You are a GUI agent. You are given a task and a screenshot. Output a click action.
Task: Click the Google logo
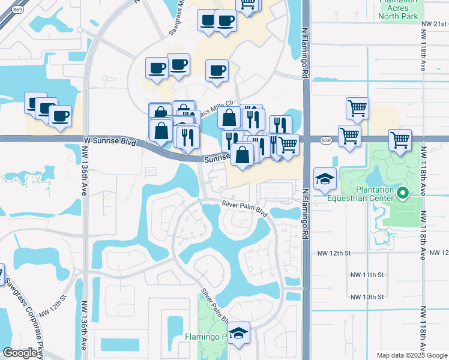pyautogui.click(x=21, y=353)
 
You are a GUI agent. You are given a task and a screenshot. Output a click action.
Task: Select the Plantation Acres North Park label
pyautogui.click(x=397, y=9)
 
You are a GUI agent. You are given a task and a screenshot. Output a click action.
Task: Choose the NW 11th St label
pyautogui.click(x=367, y=275)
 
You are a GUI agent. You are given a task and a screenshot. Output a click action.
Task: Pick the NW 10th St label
pyautogui.click(x=367, y=297)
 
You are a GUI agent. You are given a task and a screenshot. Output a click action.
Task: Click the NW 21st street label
pyautogui.click(x=435, y=23)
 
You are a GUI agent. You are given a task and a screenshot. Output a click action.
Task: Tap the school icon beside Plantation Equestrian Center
pyautogui.click(x=325, y=178)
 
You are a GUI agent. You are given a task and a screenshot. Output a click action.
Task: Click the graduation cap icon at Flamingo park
pyautogui.click(x=239, y=334)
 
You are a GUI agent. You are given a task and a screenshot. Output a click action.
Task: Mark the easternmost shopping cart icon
pyautogui.click(x=400, y=141)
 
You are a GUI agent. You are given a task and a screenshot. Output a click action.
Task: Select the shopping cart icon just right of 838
pyautogui.click(x=349, y=136)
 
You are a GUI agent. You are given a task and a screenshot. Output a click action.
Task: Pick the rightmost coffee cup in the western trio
pyautogui.click(x=60, y=116)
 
